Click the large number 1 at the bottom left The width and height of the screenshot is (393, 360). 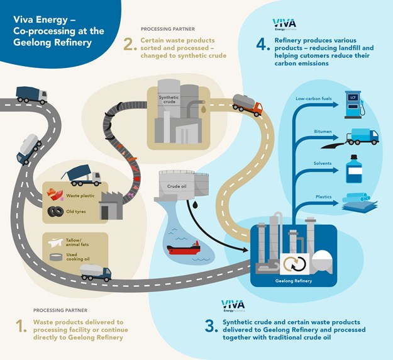point(21,327)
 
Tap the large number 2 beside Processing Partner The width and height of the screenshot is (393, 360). point(130,45)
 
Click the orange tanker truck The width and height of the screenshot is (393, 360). point(246,103)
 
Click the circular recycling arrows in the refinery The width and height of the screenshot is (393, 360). point(293,265)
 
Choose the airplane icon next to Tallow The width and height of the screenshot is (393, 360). point(55,241)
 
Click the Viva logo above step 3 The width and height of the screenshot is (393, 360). point(233,306)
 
